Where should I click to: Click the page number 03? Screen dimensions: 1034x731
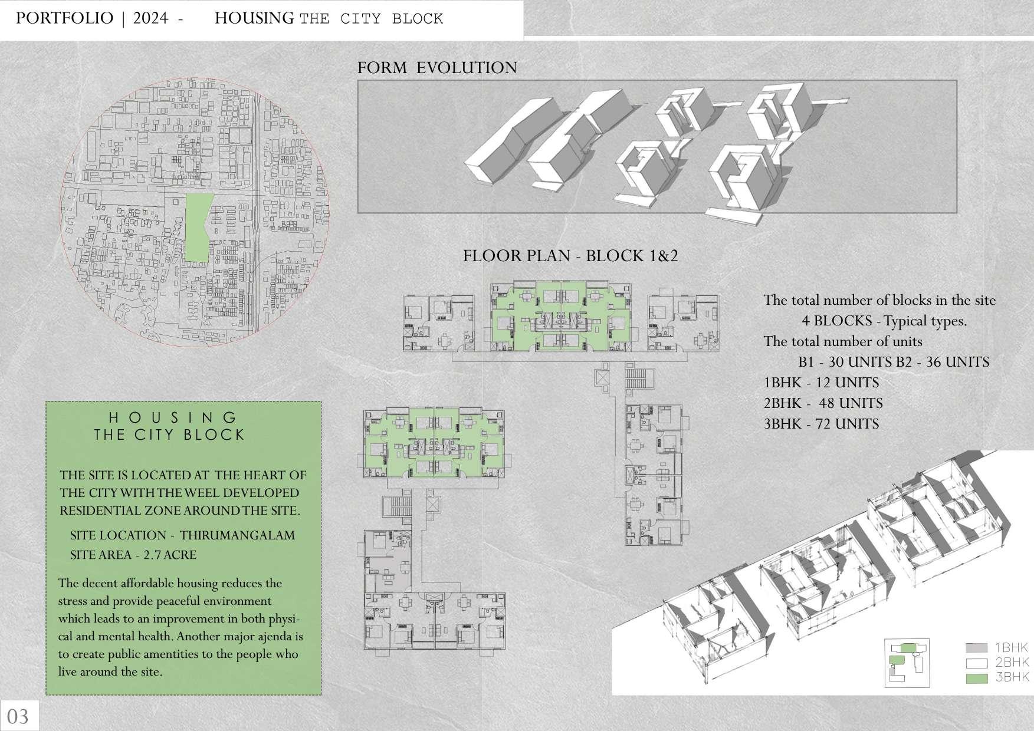click(18, 716)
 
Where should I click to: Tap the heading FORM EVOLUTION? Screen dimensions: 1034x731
click(437, 68)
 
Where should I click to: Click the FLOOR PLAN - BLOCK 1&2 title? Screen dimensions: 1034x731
click(570, 256)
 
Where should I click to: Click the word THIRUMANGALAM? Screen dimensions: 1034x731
click(237, 535)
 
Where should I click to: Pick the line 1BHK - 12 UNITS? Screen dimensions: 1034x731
click(821, 383)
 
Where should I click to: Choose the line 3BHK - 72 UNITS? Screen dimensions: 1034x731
click(821, 424)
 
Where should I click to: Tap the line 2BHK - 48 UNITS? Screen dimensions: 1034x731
click(823, 403)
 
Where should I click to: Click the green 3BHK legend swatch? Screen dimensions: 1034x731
click(977, 678)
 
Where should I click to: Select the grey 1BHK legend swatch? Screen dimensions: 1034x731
click(977, 648)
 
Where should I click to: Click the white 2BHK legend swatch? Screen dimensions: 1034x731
click(977, 663)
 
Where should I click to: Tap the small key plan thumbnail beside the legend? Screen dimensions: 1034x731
click(907, 663)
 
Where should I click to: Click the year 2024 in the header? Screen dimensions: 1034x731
click(151, 18)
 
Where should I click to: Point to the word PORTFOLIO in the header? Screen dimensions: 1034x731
click(64, 18)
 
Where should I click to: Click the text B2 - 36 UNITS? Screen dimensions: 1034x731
click(942, 362)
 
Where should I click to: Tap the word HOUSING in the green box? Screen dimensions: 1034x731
click(173, 418)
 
